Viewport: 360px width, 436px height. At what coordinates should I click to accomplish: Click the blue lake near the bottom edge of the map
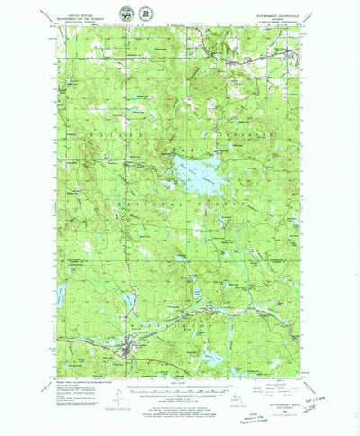coord(214,358)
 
